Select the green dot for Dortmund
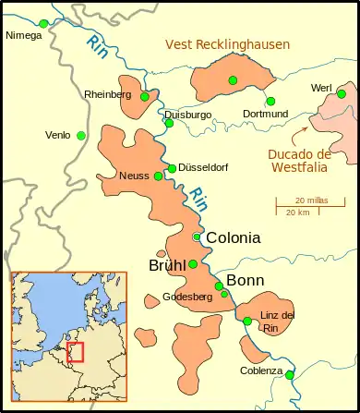coord(270,102)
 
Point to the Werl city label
coord(322,88)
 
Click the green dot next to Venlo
coord(81,136)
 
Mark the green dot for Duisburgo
coord(169,123)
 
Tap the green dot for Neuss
coord(159,176)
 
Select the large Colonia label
coord(233,237)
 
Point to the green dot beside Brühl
coord(193,264)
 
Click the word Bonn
coord(245,280)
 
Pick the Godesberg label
coord(187,297)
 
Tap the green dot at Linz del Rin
coord(247,321)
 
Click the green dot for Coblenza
coord(290,375)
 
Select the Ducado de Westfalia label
coord(296,161)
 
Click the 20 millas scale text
coord(312,200)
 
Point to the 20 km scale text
coord(297,213)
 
